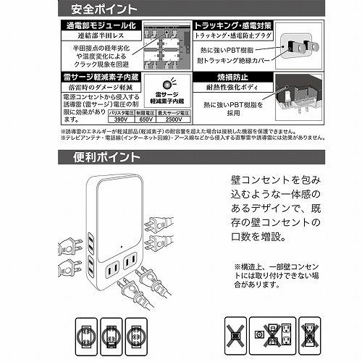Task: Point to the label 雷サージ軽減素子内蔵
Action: tap(98, 75)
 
